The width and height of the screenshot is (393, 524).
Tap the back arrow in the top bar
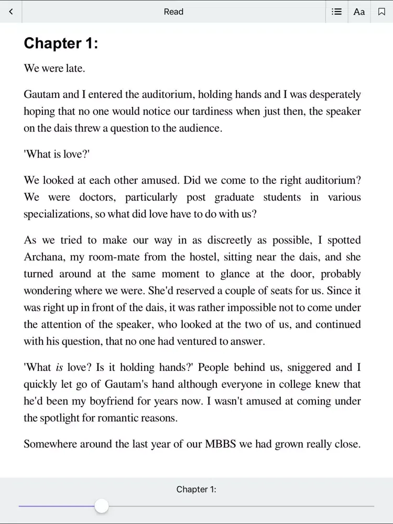pos(11,12)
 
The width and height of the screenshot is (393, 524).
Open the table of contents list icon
pos(337,12)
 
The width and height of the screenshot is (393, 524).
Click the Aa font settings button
pos(359,12)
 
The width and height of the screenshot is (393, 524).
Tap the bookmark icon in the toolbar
pos(381,12)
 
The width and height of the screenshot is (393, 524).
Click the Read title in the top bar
pos(173,12)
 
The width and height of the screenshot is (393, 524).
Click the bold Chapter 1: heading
pos(61,43)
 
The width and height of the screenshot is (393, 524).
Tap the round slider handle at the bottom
pos(102,506)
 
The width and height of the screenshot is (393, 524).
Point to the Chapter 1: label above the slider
pos(196,489)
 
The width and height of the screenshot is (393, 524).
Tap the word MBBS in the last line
pos(220,444)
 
